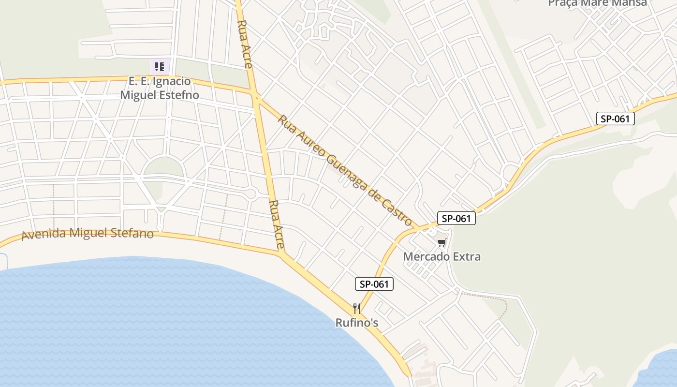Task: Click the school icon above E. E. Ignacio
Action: pos(160,66)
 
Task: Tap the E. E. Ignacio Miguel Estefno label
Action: pos(160,88)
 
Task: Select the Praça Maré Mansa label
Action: pos(597,3)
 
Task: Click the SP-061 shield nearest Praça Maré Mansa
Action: pos(615,119)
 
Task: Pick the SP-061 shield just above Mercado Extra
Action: pos(456,218)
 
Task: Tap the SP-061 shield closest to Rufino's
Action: pos(374,284)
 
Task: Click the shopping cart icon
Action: pos(442,242)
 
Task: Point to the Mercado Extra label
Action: pos(442,256)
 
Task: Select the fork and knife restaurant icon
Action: pos(357,308)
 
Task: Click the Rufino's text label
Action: pos(357,322)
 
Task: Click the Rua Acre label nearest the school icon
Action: pos(245,44)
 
